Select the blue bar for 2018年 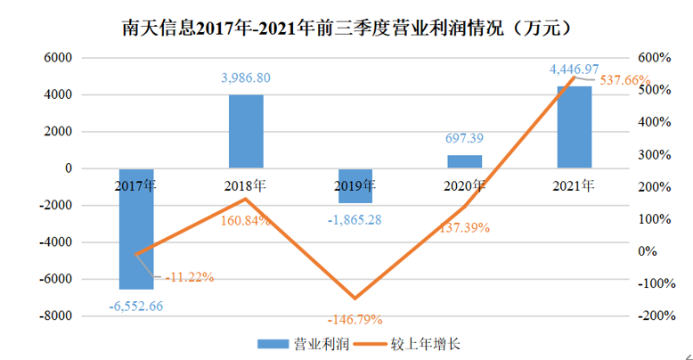click(246, 131)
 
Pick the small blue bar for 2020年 click(465, 161)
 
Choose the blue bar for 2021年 click(575, 127)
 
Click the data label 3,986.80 click(246, 78)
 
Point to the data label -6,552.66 click(136, 306)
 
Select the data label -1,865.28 click(355, 219)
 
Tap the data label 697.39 click(465, 139)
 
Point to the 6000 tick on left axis click(58, 58)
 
